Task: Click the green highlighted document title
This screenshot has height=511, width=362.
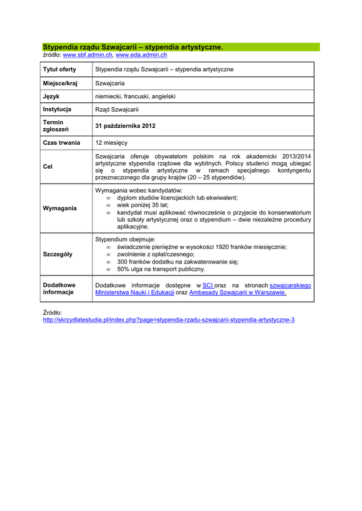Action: [x=132, y=47]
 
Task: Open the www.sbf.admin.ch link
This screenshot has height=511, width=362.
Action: [x=87, y=55]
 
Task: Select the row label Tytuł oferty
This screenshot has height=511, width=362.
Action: [x=59, y=69]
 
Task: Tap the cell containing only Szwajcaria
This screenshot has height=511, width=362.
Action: [x=110, y=83]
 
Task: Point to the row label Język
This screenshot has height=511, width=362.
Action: [x=51, y=96]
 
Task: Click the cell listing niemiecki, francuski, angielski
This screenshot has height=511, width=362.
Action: [x=135, y=96]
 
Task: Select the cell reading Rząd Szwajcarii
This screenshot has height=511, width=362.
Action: [x=117, y=109]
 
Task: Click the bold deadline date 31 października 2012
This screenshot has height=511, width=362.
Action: [x=125, y=126]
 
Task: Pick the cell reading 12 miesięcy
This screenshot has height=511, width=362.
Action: [x=111, y=143]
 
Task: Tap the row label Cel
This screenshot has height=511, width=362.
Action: [x=48, y=167]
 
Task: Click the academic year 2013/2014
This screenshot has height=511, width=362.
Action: [x=296, y=156]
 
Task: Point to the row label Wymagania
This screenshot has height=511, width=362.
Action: [x=60, y=208]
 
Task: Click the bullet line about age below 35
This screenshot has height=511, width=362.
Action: [x=142, y=205]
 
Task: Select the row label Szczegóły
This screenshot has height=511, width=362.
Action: [x=57, y=254]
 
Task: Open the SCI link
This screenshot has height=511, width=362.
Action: [x=207, y=285]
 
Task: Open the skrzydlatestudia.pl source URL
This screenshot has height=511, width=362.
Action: [x=168, y=319]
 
